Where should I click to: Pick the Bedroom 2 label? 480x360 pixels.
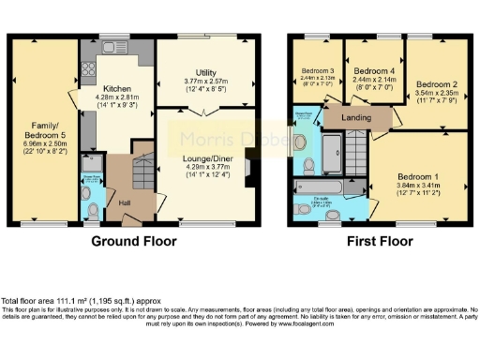(x=434, y=83)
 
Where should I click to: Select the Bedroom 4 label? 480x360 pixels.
(x=372, y=71)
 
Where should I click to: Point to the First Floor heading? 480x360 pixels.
(x=380, y=241)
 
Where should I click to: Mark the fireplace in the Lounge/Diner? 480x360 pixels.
(x=247, y=167)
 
